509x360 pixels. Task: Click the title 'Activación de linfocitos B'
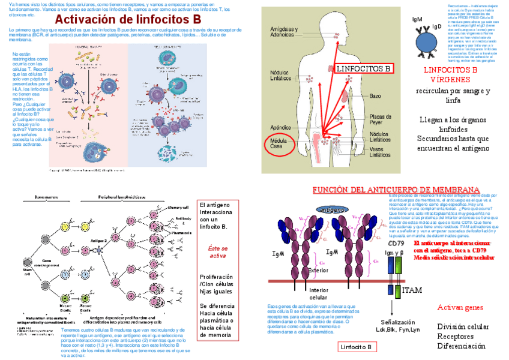[127, 19]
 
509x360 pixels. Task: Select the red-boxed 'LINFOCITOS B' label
[363, 69]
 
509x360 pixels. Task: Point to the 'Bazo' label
[375, 96]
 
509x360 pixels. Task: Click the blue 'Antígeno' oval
[332, 210]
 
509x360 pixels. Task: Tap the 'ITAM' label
[412, 290]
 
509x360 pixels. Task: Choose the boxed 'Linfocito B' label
[356, 347]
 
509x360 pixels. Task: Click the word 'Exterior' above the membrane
[318, 270]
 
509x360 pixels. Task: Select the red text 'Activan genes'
[460, 307]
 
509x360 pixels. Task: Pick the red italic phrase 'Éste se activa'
[217, 251]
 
